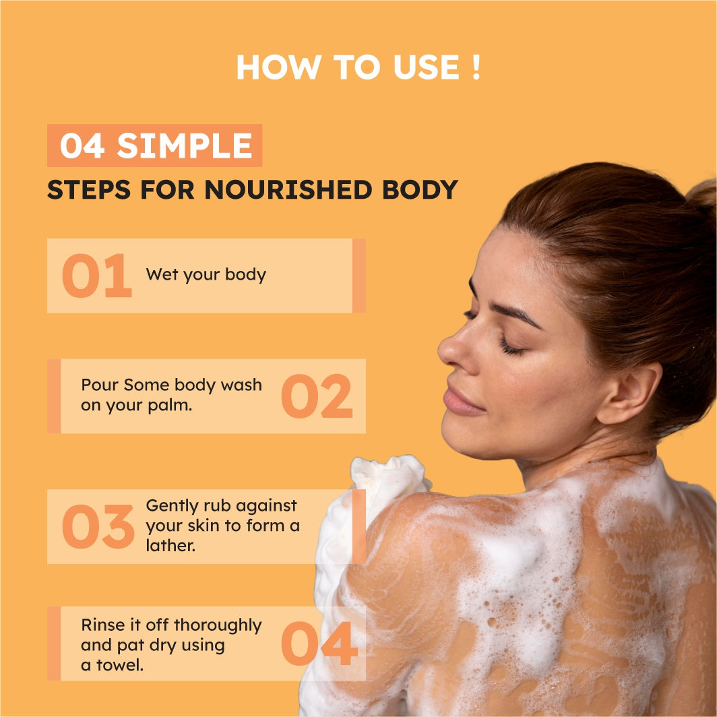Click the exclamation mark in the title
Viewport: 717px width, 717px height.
476,67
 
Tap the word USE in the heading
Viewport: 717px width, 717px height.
426,67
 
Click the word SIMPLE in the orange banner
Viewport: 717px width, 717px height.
185,146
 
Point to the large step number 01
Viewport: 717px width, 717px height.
97,275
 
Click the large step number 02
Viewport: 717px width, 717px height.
317,396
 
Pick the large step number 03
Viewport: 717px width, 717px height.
98,526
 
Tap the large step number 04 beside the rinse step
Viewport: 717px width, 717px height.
319,644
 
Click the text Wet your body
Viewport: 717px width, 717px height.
206,274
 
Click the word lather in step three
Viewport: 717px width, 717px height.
170,545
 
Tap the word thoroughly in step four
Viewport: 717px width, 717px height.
218,625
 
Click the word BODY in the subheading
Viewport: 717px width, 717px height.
420,189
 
